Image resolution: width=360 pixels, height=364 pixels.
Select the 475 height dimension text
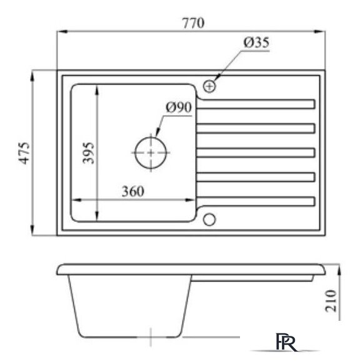[x=24, y=153]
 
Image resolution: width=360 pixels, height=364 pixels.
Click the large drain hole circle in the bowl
[x=151, y=152]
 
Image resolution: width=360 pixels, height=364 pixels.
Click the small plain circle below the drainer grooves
[x=209, y=219]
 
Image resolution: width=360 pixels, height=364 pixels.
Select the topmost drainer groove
[x=256, y=104]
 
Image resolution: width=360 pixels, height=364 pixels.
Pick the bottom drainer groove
[x=256, y=201]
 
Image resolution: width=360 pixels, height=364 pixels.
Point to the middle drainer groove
[x=256, y=152]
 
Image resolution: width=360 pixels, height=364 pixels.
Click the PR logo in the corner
[x=291, y=343]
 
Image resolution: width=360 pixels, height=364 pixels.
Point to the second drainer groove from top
[x=256, y=128]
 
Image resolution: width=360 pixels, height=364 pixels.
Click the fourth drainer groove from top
[x=256, y=176]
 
